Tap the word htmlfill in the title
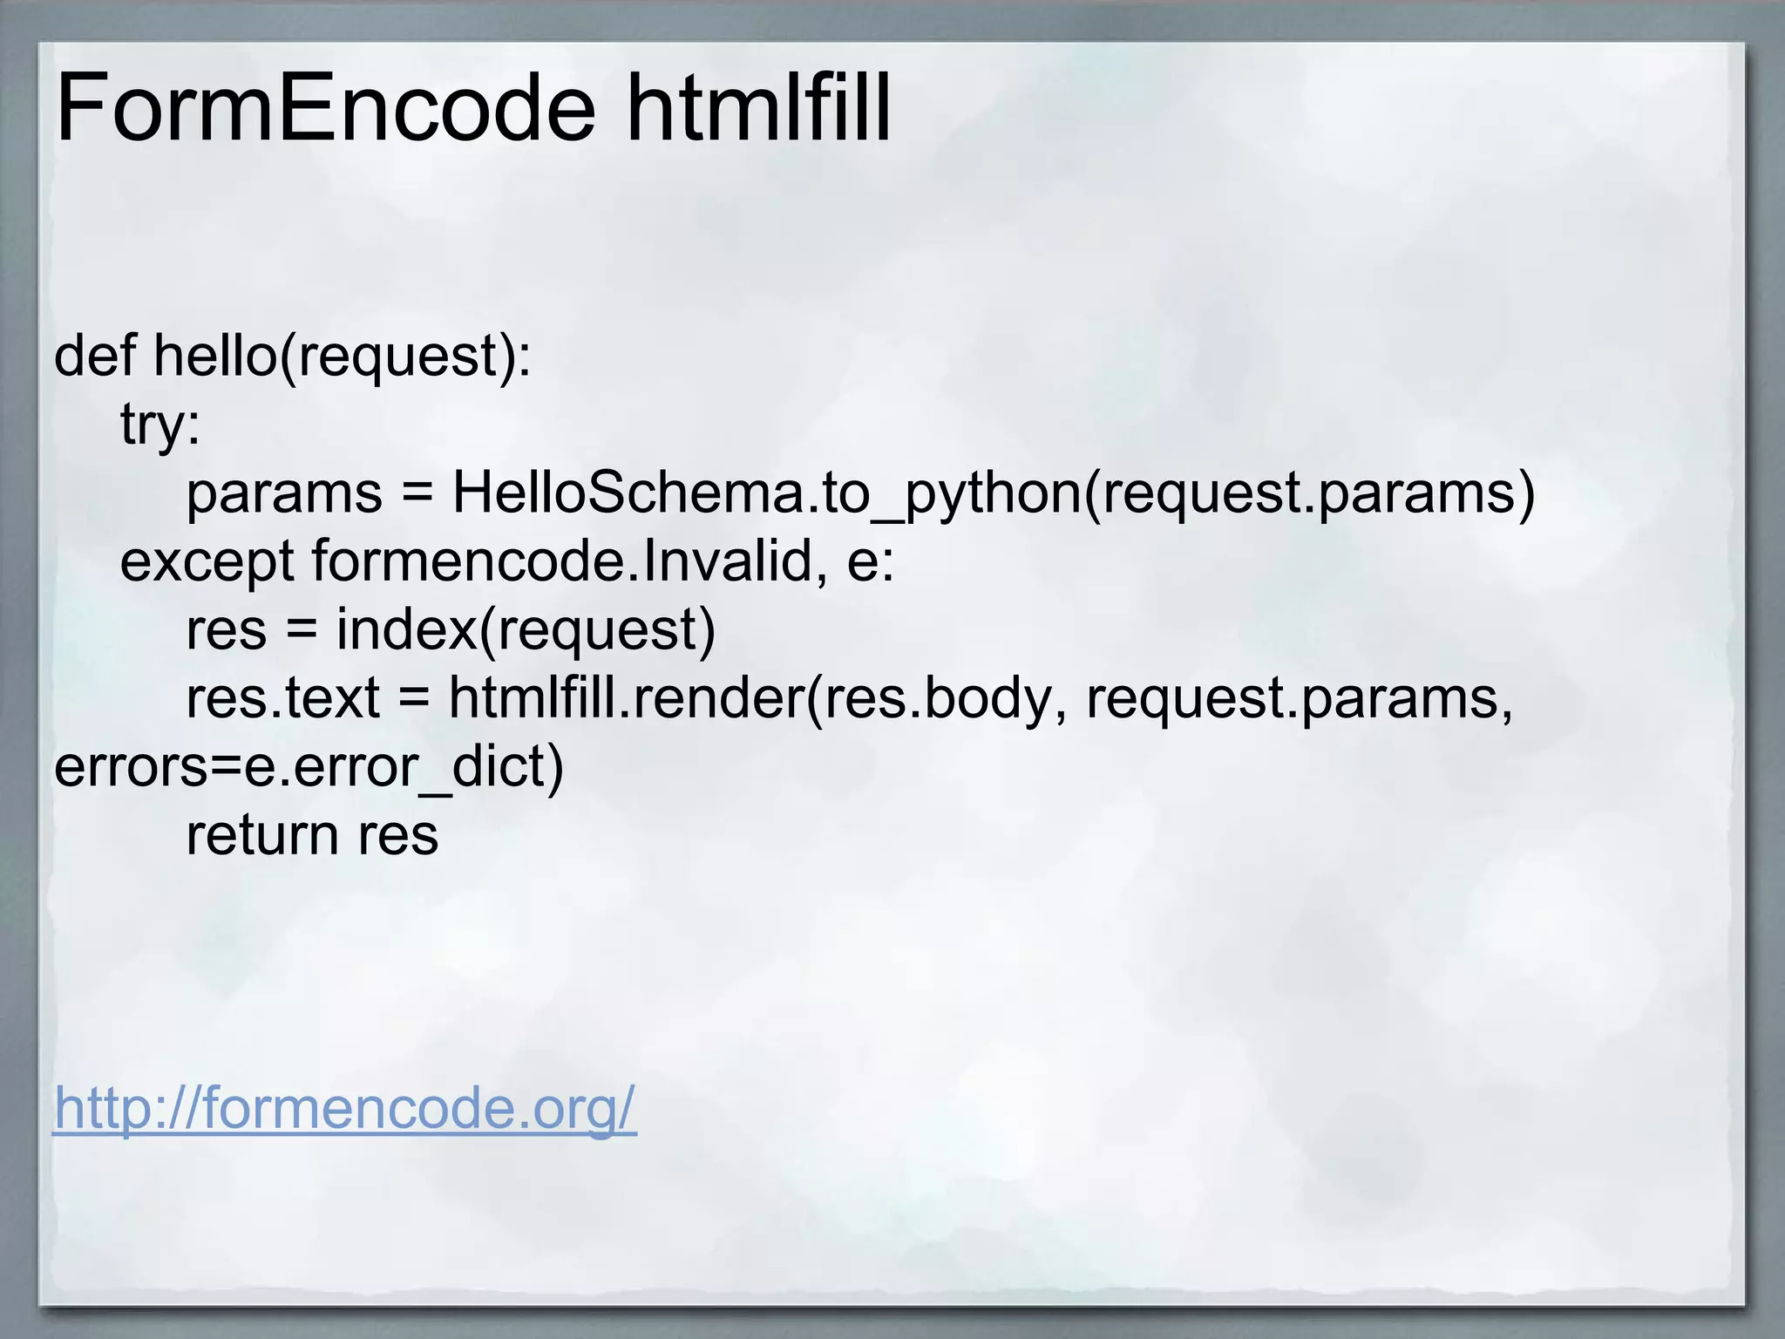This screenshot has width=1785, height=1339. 758,110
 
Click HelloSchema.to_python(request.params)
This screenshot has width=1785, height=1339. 994,493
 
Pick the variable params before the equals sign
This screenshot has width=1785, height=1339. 284,493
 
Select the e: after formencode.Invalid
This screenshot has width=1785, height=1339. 871,561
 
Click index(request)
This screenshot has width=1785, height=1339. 526,629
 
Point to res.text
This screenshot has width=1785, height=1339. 283,698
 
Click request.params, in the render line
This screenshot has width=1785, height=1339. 1299,698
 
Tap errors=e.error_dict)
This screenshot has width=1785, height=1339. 309,766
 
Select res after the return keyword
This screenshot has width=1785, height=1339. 398,835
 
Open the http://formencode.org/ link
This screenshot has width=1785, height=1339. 345,1108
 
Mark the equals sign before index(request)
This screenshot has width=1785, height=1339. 302,629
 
